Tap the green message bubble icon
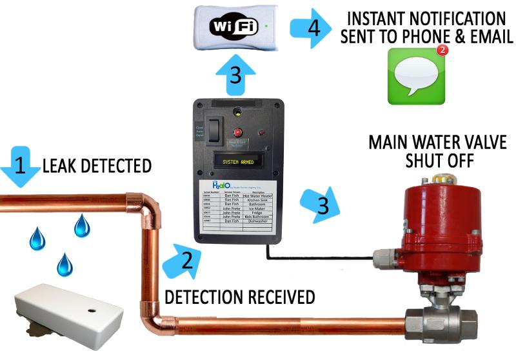(412, 77)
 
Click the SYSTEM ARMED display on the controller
(238, 161)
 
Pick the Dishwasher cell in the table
(261, 221)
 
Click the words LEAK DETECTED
(97, 166)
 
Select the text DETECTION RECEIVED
(239, 297)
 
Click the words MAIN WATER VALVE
(437, 142)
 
